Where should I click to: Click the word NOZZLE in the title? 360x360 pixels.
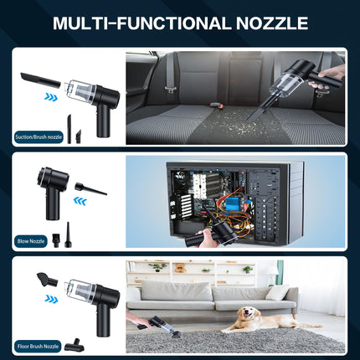(x=272, y=23)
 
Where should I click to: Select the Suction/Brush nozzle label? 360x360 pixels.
(x=39, y=137)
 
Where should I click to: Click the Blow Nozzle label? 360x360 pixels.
(x=31, y=241)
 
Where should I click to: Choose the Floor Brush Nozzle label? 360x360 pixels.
(x=38, y=347)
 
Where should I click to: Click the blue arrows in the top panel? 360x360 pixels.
(x=51, y=97)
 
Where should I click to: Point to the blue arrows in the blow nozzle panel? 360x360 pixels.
(x=80, y=201)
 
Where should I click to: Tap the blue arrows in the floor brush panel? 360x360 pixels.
(x=51, y=300)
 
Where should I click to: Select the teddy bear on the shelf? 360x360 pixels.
(x=180, y=268)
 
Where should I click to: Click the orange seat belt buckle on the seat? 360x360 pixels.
(x=215, y=106)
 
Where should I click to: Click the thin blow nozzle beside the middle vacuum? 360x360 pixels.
(x=90, y=189)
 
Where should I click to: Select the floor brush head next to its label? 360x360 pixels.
(x=75, y=345)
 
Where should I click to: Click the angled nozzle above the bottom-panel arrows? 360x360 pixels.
(x=47, y=280)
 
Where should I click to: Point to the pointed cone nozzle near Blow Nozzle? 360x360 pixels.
(x=68, y=234)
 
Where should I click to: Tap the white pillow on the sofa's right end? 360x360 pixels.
(x=277, y=292)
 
